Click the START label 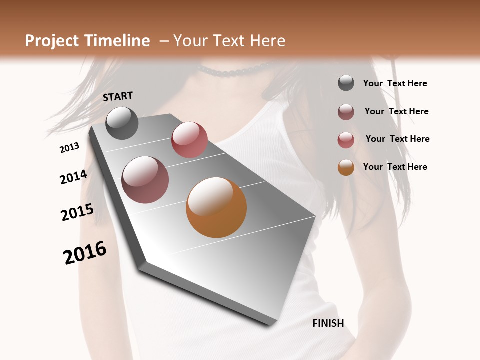118,96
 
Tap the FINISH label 328,323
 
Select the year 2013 70,148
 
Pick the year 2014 73,177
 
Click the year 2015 77,212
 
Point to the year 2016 85,252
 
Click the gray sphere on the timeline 122,123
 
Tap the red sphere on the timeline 189,140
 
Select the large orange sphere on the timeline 216,207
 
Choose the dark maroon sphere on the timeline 145,180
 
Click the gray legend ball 346,83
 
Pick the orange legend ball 346,167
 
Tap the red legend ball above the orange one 346,140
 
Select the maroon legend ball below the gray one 346,112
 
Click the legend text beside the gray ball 395,84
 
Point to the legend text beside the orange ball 395,167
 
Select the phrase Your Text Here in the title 229,41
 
